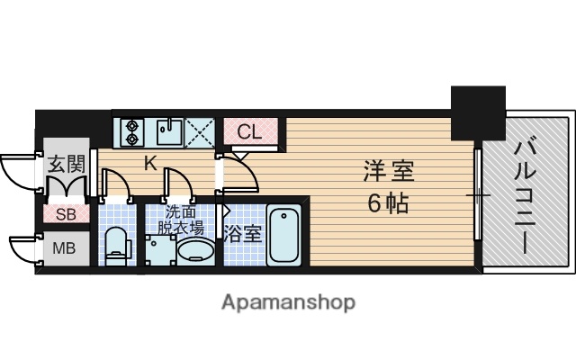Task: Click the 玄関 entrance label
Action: pos(66,165)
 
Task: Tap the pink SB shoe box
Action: pos(66,214)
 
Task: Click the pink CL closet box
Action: pos(249,132)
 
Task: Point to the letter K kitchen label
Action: pos(151,163)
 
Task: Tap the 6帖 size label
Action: pos(388,202)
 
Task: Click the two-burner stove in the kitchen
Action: pos(132,132)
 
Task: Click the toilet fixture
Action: pos(116,244)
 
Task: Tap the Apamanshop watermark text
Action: pos(288,301)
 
